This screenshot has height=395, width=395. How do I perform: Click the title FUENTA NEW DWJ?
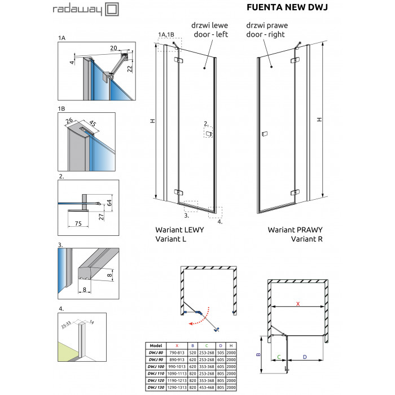point(288,8)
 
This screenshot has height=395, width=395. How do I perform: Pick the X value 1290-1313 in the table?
point(178,387)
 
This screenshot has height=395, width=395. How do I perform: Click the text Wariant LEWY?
point(179,231)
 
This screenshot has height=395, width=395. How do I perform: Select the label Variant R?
point(310,239)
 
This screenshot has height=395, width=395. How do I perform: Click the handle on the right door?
point(265,134)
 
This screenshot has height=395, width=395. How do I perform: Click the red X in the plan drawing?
point(298,304)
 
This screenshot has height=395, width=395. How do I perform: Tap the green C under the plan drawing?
point(278,357)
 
